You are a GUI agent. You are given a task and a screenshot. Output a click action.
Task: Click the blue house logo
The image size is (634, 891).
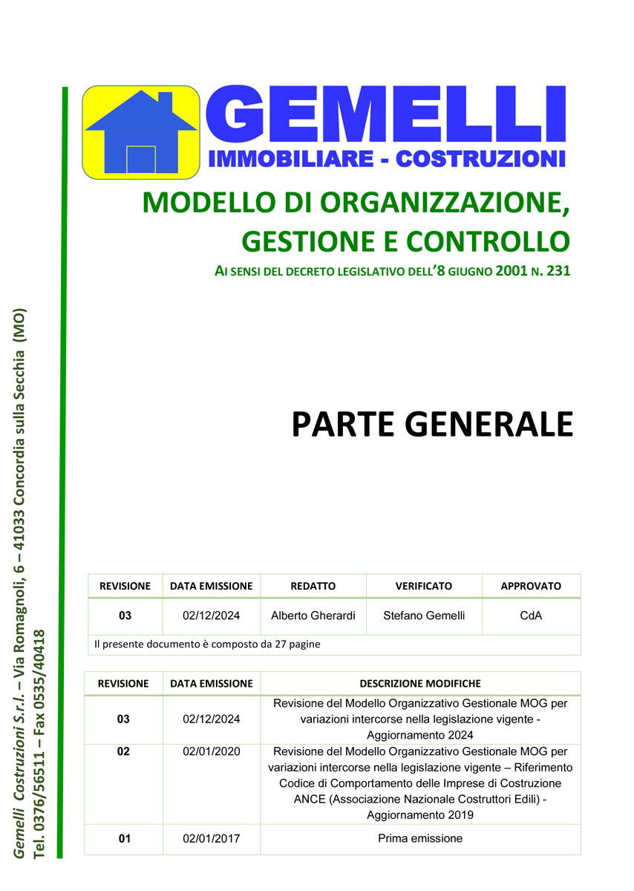point(141,133)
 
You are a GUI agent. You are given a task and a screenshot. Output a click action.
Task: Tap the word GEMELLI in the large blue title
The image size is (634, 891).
point(385,115)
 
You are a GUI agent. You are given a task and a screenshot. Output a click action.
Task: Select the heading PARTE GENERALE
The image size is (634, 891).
point(432,424)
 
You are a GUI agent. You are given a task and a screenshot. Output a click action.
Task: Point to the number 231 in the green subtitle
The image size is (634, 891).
point(558,272)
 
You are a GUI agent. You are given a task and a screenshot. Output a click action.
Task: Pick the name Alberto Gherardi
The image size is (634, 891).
point(313,616)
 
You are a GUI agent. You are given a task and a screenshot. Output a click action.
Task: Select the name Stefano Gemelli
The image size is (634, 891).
point(424,616)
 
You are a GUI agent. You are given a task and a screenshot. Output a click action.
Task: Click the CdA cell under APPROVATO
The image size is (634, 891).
point(531,616)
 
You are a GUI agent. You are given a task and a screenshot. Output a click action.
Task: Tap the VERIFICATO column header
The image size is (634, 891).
point(424,586)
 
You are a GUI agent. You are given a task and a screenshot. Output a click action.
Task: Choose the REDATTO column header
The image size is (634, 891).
point(313,586)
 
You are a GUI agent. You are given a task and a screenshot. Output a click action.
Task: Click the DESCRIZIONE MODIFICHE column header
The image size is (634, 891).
point(420,683)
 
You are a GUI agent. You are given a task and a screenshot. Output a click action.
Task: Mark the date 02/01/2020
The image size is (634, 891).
point(212,751)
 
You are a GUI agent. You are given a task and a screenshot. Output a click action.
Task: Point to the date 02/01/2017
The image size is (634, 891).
point(212,838)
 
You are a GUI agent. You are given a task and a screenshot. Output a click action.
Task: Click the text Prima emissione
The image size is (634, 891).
point(420,838)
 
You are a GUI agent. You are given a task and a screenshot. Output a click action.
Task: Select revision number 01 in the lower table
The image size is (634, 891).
point(124,838)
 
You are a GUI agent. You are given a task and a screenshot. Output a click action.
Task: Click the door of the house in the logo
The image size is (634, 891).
point(141,160)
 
